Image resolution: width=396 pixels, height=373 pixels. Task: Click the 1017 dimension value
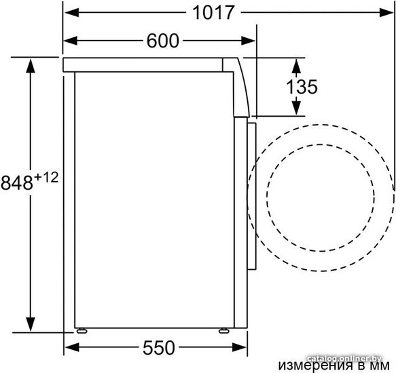click(x=213, y=12)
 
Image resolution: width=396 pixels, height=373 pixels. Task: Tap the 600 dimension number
click(x=163, y=41)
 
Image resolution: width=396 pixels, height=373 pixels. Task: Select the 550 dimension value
click(x=159, y=348)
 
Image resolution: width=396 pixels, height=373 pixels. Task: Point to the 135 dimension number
click(x=302, y=87)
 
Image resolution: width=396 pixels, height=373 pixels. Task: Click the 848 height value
click(x=17, y=183)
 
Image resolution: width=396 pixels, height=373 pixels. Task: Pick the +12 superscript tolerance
click(x=46, y=177)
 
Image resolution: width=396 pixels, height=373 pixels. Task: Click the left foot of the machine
click(x=82, y=331)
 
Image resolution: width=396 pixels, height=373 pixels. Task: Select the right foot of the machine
click(x=224, y=331)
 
